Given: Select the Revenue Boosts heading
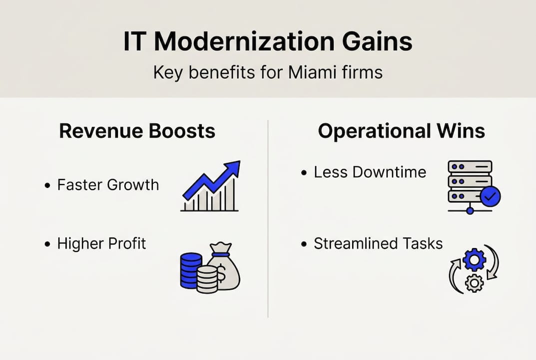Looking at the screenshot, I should pos(137,131).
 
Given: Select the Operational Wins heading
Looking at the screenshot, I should pos(402,131).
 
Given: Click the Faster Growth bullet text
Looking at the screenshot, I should pos(108,185).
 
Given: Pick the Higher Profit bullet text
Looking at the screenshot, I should pos(101,243).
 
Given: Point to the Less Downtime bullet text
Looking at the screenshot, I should pos(370,172).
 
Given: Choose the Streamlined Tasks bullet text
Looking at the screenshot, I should pos(378,243).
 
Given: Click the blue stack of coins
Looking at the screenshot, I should pos(191,270).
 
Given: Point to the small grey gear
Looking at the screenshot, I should pos(474,283).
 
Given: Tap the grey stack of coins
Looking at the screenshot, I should pos(207,280).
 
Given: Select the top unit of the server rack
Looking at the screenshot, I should pos(470,166).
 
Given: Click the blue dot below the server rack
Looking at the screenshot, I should pos(470,210).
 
